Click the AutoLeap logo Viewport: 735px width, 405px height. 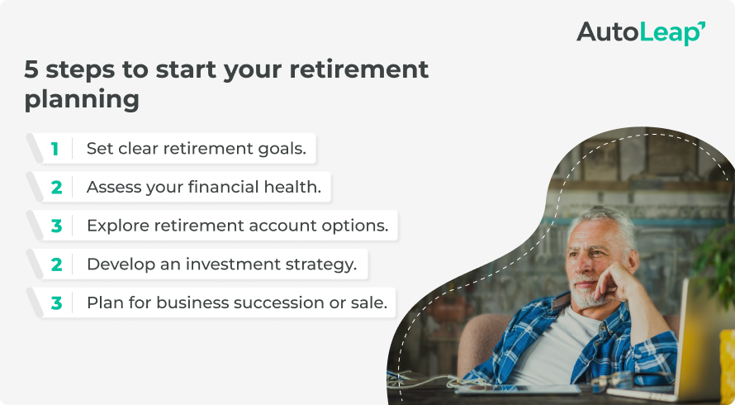coord(641,32)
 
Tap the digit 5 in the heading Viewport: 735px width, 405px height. coord(31,69)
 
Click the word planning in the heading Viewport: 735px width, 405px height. coord(82,100)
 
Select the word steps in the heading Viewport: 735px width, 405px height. coord(80,70)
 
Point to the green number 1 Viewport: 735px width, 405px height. coord(55,149)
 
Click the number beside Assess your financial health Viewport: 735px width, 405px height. coord(56,188)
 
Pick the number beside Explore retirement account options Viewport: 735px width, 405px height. coord(56,226)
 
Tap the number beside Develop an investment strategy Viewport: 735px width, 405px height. coord(56,264)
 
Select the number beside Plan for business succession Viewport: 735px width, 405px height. coord(56,303)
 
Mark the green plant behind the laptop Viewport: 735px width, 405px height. coord(716,263)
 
